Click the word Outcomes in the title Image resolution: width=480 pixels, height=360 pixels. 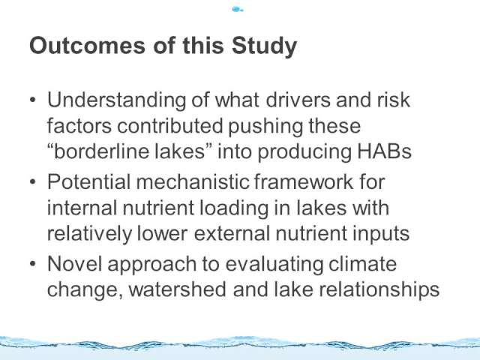pos(87,45)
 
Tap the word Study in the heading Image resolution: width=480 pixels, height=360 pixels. pos(264,46)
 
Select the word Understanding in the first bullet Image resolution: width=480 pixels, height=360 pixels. pos(117,100)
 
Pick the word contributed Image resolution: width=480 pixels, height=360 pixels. pos(170,126)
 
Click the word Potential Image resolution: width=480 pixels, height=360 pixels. pos(89,181)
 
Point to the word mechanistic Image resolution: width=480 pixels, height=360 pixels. pos(192,181)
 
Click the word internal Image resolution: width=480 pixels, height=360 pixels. pos(82,208)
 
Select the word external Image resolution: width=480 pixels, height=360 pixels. pos(232,233)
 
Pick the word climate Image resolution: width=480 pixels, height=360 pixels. pos(362,263)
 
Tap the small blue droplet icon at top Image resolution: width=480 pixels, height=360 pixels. pos(238,10)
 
